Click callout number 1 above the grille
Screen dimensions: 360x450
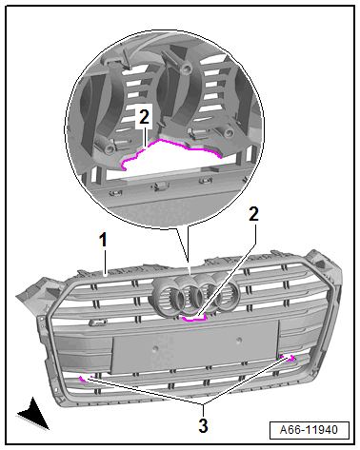point(103,240)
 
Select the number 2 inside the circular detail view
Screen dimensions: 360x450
point(144,117)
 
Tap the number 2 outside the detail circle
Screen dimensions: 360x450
point(253,214)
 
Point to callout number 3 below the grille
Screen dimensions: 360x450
point(203,425)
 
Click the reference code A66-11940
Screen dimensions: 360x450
point(309,430)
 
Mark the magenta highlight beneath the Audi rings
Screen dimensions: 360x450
point(194,318)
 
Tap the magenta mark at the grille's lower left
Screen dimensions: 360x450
point(84,379)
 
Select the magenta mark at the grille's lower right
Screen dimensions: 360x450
point(289,359)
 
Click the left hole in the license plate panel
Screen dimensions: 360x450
point(155,348)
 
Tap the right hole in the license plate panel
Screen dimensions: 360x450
point(238,341)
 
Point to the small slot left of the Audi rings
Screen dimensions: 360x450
point(97,323)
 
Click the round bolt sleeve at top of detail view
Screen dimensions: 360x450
point(186,67)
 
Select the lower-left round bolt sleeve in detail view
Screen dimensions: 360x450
point(109,146)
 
